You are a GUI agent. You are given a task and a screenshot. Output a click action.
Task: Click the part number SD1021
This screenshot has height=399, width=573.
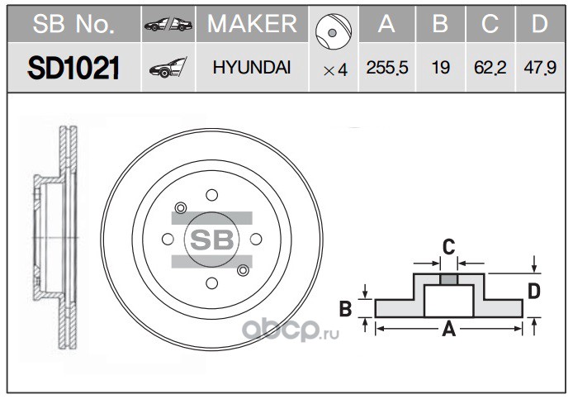pyautogui.click(x=73, y=68)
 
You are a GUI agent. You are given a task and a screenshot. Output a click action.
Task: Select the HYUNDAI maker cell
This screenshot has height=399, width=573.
pyautogui.click(x=252, y=68)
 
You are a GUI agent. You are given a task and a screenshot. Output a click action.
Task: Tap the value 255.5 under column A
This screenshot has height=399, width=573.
pyautogui.click(x=387, y=68)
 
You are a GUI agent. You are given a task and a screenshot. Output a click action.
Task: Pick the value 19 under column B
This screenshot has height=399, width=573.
pyautogui.click(x=440, y=68)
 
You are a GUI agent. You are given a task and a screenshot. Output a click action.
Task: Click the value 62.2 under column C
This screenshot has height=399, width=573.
pyautogui.click(x=490, y=68)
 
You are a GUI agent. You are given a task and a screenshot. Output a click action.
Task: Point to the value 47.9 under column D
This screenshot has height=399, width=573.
pyautogui.click(x=540, y=68)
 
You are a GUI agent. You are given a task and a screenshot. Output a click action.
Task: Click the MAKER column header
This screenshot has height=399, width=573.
pyautogui.click(x=252, y=24)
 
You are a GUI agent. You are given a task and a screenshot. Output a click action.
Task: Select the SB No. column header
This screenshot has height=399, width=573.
pyautogui.click(x=73, y=24)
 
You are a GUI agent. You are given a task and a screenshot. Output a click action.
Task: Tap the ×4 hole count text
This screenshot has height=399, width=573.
pyautogui.click(x=335, y=70)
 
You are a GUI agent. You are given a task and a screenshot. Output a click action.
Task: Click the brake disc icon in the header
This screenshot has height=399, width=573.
pyautogui.click(x=334, y=32)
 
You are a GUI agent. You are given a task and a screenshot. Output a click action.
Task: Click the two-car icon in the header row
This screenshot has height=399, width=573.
pyautogui.click(x=168, y=25)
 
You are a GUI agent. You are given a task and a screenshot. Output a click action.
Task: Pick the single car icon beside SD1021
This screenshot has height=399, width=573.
pyautogui.click(x=168, y=67)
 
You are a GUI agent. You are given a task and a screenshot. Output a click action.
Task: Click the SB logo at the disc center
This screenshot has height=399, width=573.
pyautogui.click(x=212, y=240)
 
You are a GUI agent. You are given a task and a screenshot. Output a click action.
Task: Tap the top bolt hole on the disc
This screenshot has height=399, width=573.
pyautogui.click(x=211, y=195)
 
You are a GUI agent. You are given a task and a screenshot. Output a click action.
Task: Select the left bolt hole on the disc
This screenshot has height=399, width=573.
pyautogui.click(x=168, y=240)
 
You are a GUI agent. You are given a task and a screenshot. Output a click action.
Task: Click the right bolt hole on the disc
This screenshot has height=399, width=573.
pyautogui.click(x=256, y=240)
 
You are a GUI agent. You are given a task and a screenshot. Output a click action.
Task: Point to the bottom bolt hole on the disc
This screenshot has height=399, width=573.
pyautogui.click(x=211, y=283)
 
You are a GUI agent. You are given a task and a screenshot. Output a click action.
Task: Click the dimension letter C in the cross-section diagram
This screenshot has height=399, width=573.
pyautogui.click(x=449, y=247)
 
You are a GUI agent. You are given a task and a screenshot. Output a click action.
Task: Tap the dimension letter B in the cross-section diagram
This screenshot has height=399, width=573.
pyautogui.click(x=345, y=308)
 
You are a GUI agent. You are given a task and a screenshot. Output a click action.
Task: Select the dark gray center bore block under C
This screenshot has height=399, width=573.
pyautogui.click(x=449, y=280)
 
